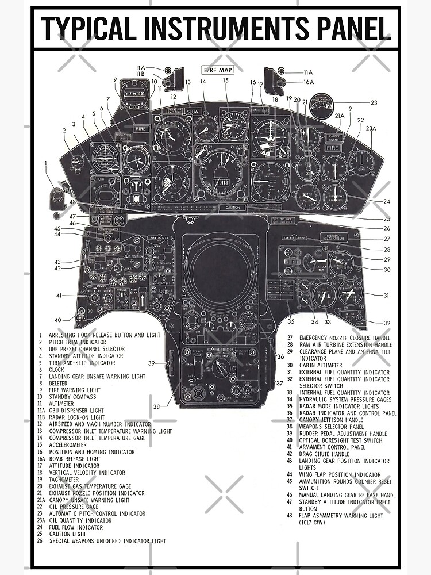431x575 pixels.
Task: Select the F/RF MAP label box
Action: pos(217,70)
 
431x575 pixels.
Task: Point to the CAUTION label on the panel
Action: pos(233,208)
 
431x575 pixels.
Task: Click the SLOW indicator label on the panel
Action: pos(193,111)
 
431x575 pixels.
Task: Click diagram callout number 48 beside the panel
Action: pos(72,202)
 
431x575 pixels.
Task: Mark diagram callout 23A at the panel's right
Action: pos(371,129)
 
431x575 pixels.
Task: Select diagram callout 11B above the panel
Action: pos(140,74)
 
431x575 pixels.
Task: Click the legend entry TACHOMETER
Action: pos(63,480)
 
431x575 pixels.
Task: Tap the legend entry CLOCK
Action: pos(56,370)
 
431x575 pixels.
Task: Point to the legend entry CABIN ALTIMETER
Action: pos(320,365)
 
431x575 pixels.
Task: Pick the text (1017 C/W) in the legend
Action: pos(313,522)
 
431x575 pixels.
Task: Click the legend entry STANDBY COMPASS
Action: pos(67,397)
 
